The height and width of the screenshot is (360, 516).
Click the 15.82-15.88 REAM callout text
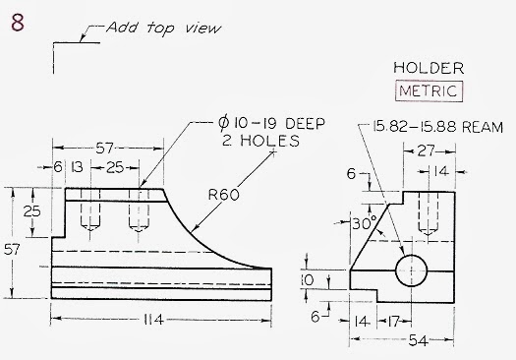tap(438, 128)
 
